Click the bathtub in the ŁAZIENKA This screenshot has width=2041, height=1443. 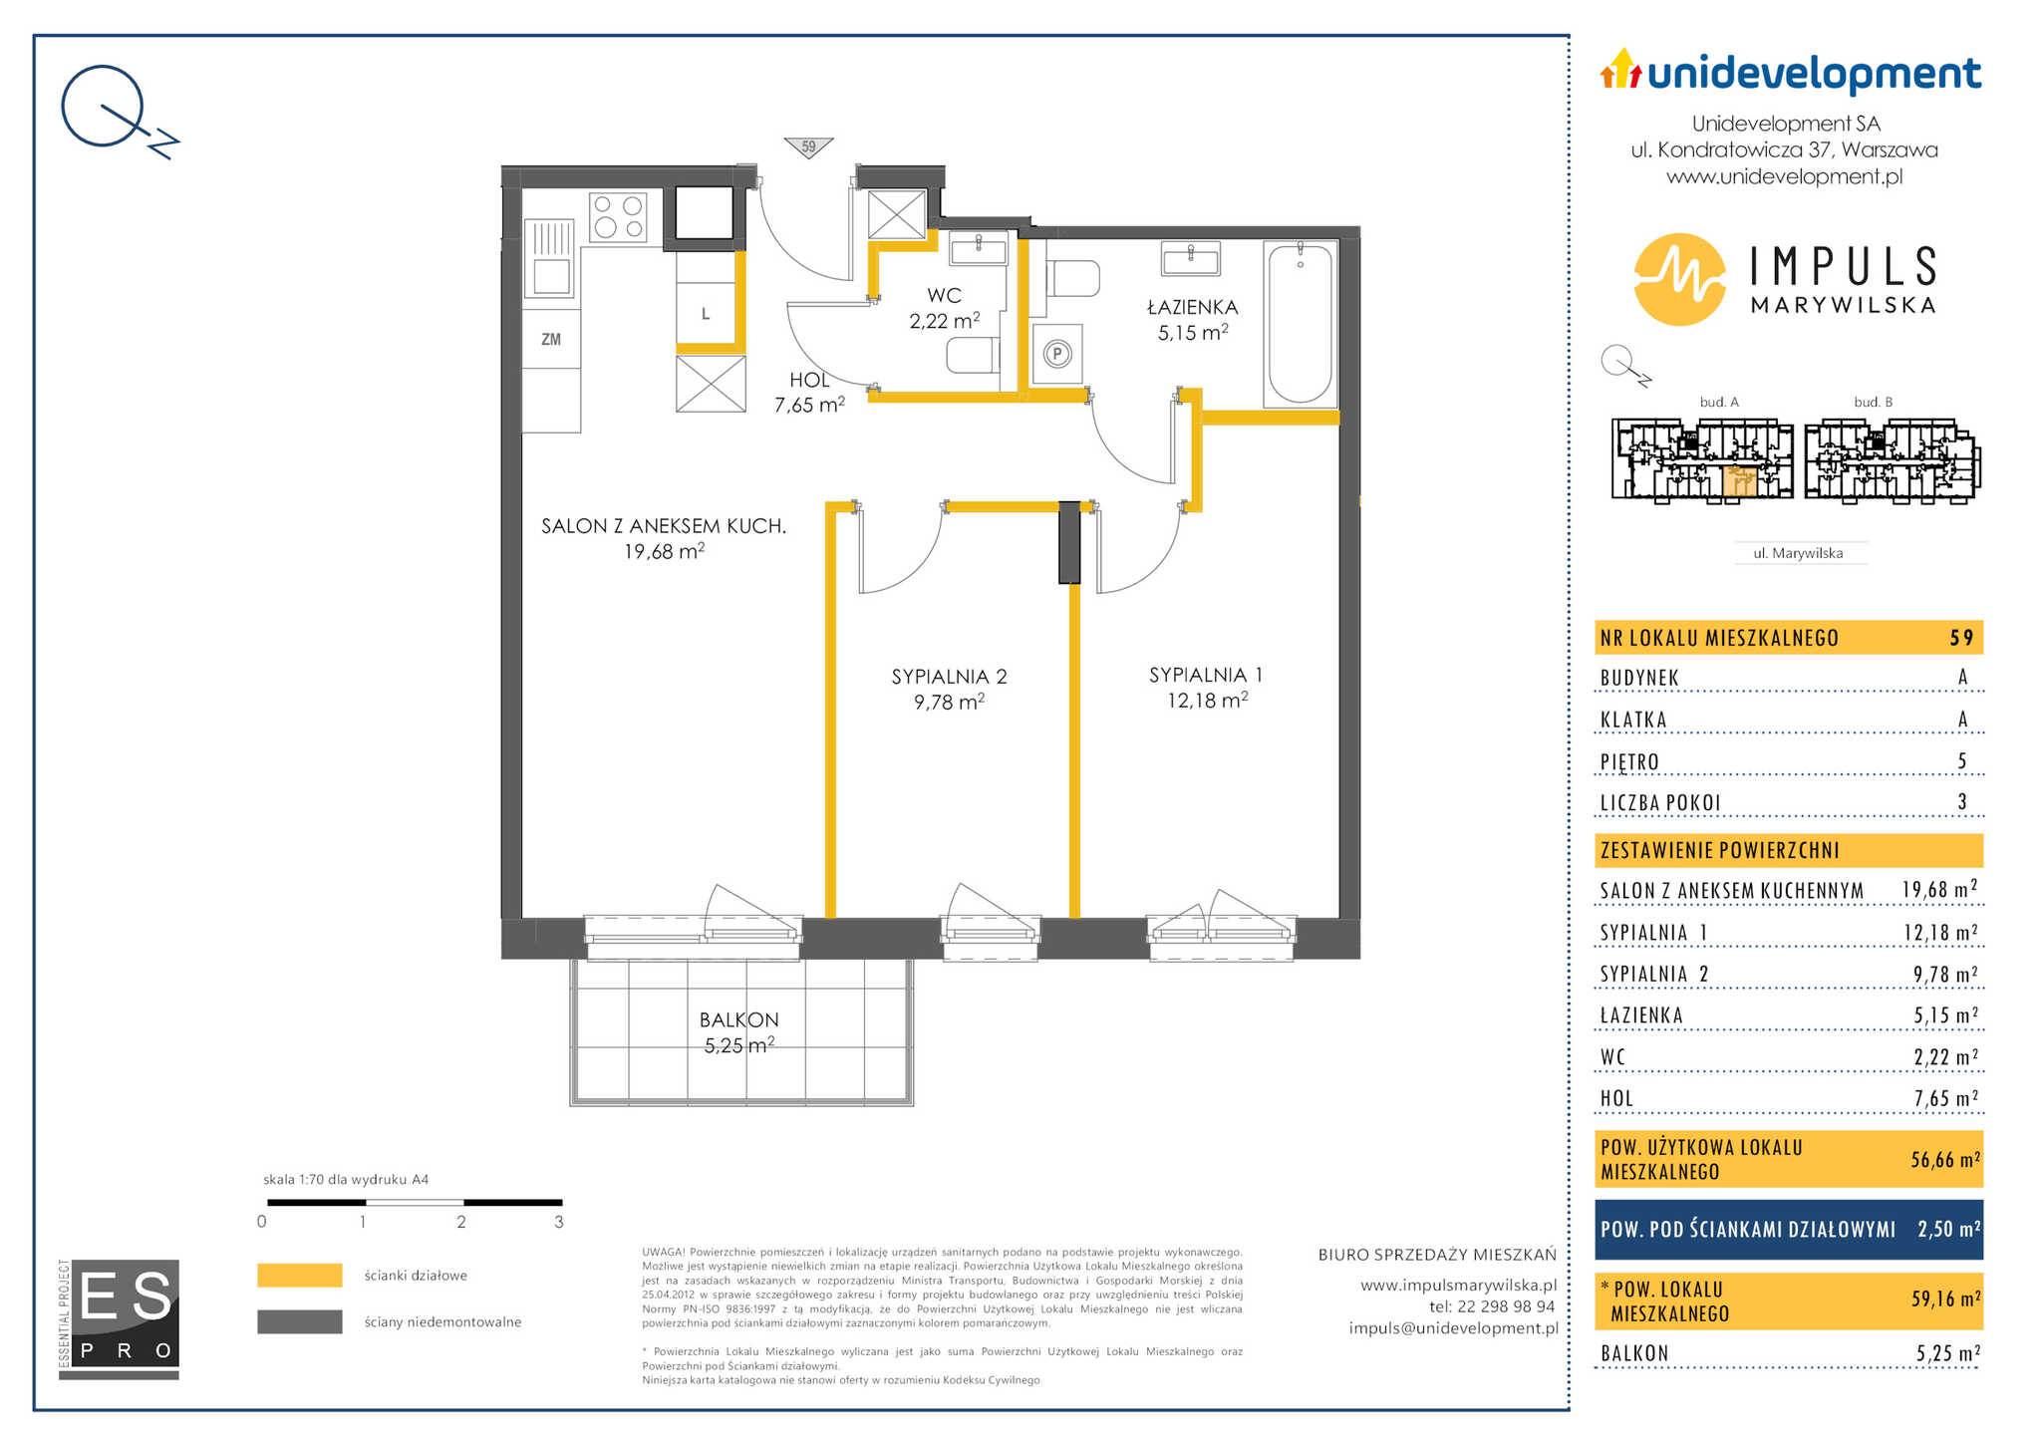pos(1300,324)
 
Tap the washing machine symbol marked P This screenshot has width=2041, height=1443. pos(1058,353)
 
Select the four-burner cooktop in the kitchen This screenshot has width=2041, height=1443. pos(618,216)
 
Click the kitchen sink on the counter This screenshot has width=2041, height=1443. pos(551,259)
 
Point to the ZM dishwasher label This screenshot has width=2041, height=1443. pos(551,340)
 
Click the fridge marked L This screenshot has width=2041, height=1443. pos(706,313)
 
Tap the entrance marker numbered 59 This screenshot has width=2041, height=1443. pos(808,147)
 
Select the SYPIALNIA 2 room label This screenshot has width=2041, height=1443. pos(949,677)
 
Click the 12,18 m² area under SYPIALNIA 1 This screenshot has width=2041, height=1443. pos(1207,701)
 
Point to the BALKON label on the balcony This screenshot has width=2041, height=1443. pos(739,1019)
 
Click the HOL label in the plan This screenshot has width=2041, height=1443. pos(809,380)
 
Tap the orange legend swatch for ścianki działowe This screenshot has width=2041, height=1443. pos(300,1276)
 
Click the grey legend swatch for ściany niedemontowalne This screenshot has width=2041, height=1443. pos(300,1321)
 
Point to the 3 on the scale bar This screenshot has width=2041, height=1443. pos(559,1222)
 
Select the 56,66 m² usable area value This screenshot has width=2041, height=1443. pos(1944,1159)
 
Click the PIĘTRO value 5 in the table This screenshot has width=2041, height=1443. pos(1962,761)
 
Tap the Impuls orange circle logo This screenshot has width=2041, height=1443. pos(1679,279)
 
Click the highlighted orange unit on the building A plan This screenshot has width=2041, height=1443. pos(1740,480)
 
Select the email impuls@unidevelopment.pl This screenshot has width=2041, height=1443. pos(1453,1328)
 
